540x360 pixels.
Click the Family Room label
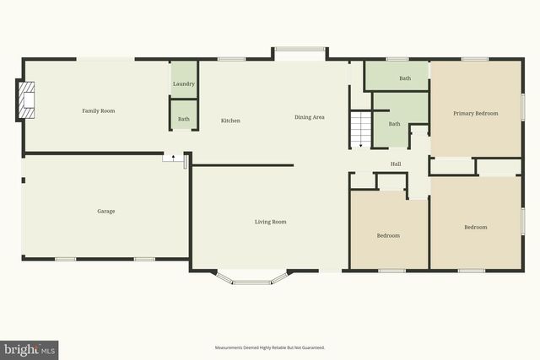click(98, 111)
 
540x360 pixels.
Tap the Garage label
click(105, 211)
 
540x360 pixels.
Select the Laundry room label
click(184, 84)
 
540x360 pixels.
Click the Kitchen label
click(230, 121)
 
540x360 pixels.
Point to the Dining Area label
click(309, 117)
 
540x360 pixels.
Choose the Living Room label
click(271, 222)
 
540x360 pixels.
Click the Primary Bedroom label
click(475, 113)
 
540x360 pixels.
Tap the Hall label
click(395, 164)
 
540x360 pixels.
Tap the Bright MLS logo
click(30, 349)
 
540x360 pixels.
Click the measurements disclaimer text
click(270, 347)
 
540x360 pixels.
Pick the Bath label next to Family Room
click(184, 119)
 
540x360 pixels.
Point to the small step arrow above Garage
click(174, 157)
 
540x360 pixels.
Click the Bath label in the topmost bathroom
click(405, 78)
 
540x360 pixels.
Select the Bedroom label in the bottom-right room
click(475, 227)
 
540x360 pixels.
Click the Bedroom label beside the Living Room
click(388, 235)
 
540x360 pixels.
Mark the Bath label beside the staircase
click(394, 124)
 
